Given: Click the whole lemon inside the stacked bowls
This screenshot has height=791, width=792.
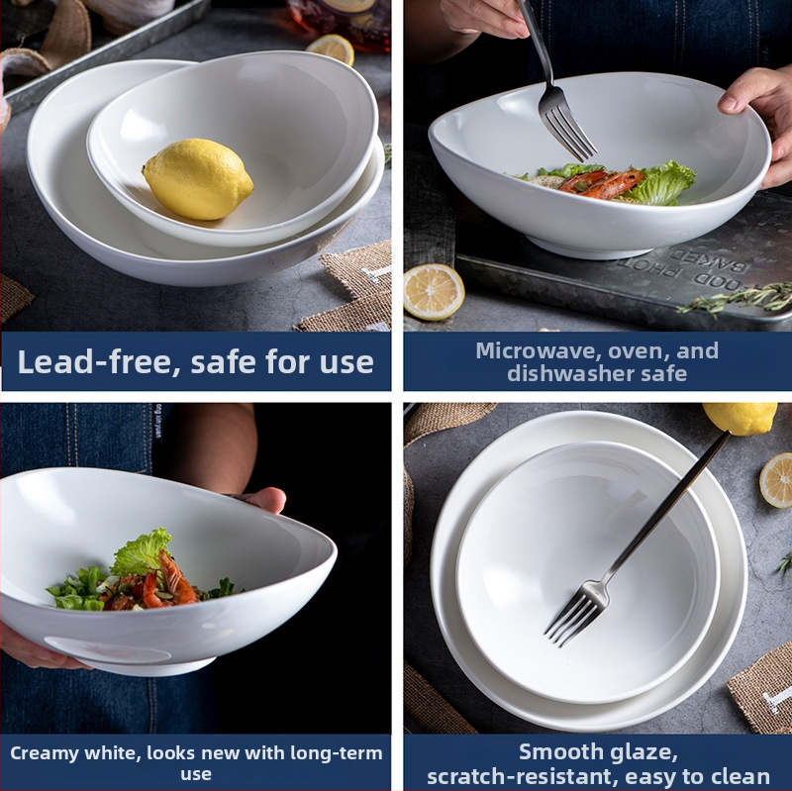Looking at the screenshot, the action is [197, 179].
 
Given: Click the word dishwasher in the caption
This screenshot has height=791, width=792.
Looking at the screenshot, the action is [568, 374].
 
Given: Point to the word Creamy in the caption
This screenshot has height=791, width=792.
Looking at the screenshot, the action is [45, 753].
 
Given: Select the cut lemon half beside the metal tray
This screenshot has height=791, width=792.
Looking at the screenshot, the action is [434, 292].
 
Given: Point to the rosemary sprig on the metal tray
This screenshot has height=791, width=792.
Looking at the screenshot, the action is [738, 298].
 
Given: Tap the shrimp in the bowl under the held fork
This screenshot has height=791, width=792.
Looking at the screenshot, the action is [601, 183].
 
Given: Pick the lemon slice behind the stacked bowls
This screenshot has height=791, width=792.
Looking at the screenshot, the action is [331, 49].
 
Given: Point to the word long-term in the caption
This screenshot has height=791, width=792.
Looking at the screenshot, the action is [337, 753].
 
